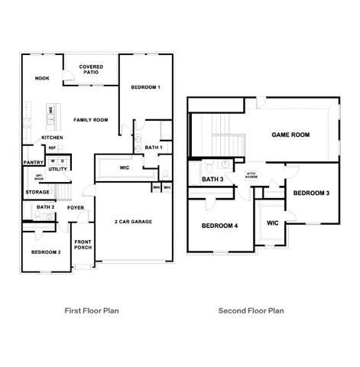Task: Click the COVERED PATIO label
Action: [92, 70]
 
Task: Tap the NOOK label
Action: [43, 78]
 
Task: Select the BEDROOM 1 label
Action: [144, 87]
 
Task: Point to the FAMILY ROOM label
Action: [91, 120]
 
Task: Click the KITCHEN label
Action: [52, 138]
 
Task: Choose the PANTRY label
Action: [33, 162]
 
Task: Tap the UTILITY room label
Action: [57, 168]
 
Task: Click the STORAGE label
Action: [37, 192]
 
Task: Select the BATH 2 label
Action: [45, 207]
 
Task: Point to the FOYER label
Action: [75, 207]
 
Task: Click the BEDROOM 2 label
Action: [46, 252]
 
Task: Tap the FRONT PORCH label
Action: [83, 245]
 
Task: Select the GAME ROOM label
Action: [290, 135]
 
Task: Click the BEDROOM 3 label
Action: [311, 193]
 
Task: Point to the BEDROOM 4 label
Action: [219, 226]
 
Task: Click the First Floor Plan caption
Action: [91, 310]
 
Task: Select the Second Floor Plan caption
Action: [251, 310]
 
